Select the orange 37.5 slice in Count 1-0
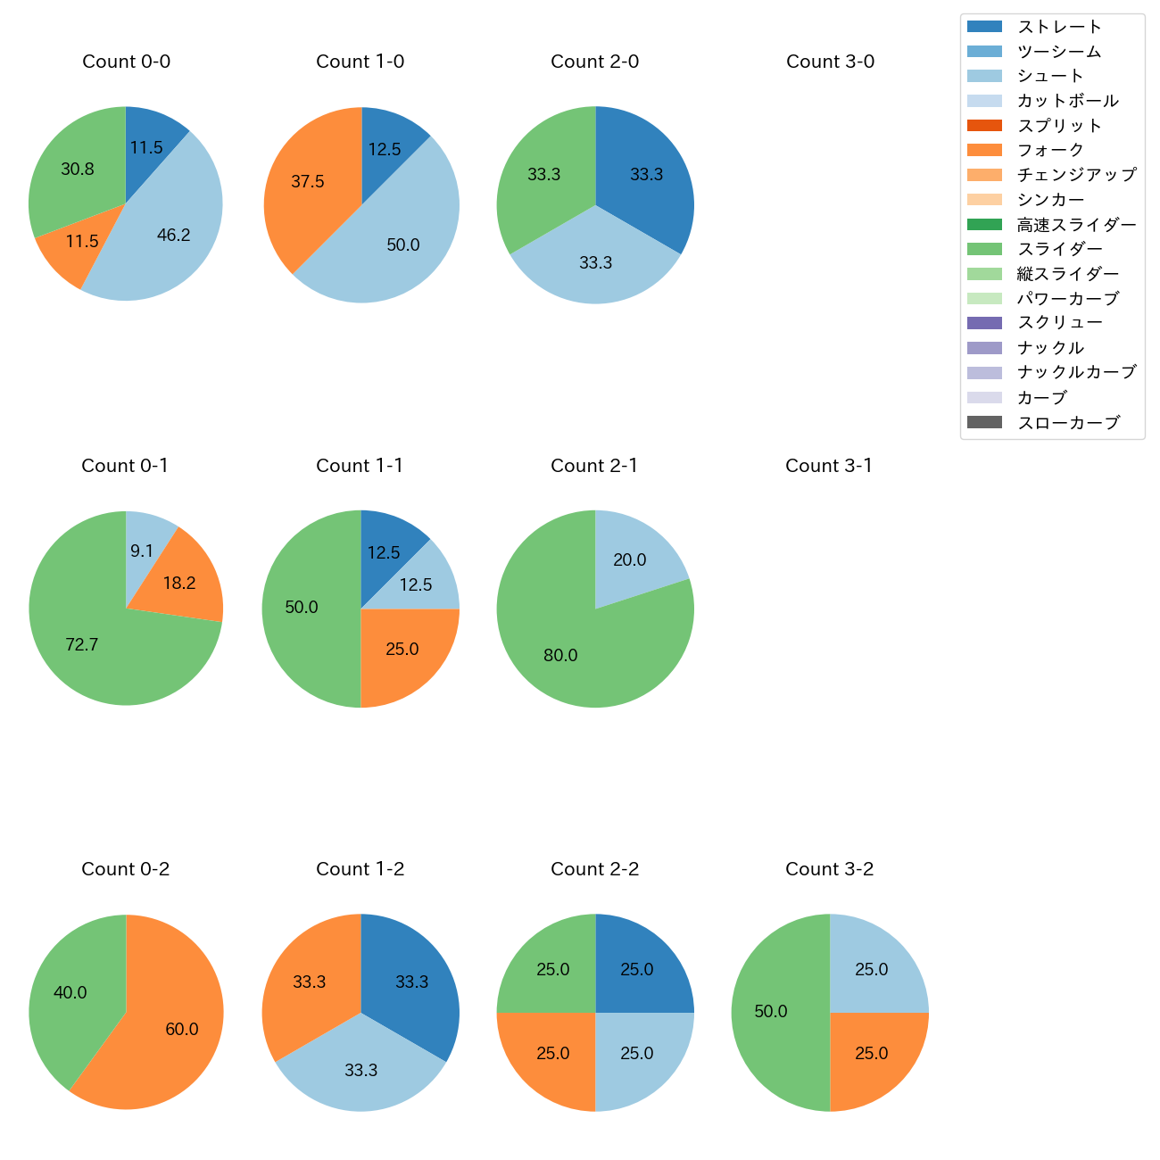(308, 183)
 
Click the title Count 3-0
(830, 62)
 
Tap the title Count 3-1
(829, 466)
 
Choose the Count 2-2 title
(595, 869)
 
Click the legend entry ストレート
(1059, 27)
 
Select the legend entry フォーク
(1050, 150)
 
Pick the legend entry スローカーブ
(1068, 423)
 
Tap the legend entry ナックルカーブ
(1076, 373)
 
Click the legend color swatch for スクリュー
(984, 323)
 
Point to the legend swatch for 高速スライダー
(984, 224)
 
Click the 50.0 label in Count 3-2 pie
(771, 1011)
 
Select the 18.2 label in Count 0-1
(179, 583)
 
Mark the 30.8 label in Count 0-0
(78, 169)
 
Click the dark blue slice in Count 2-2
(638, 968)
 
